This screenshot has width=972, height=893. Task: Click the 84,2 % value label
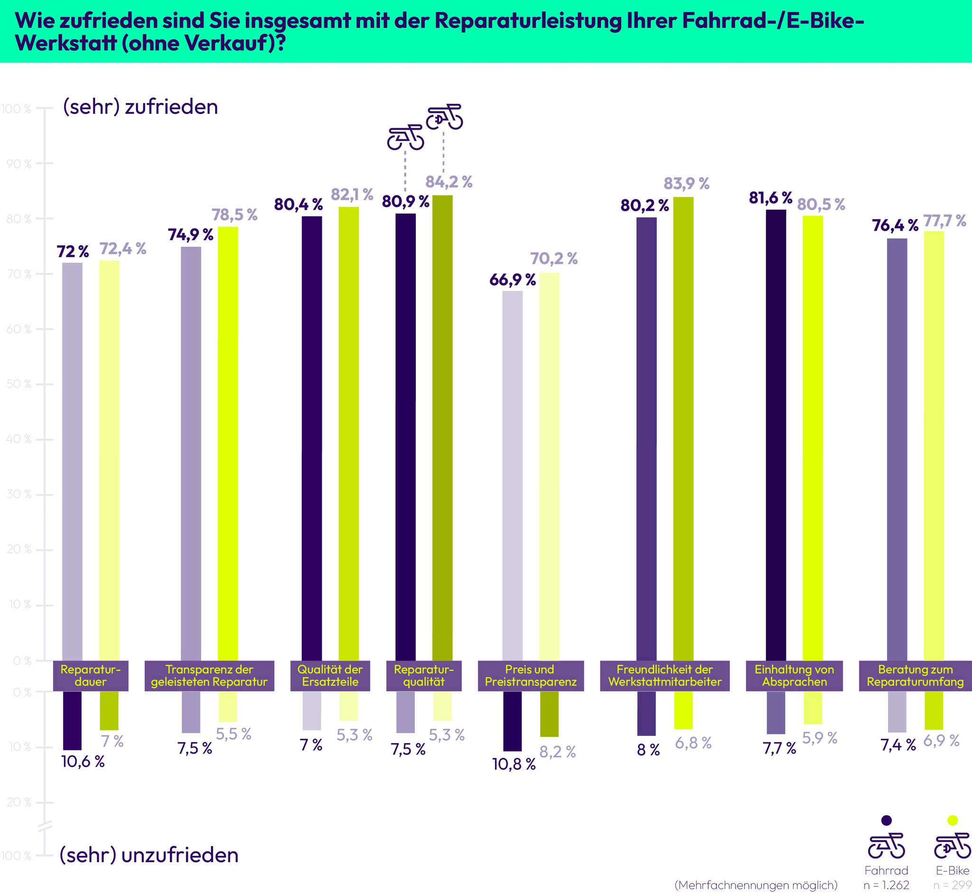(x=449, y=182)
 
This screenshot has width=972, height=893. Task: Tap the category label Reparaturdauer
(x=90, y=676)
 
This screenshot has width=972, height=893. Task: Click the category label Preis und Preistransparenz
(x=531, y=676)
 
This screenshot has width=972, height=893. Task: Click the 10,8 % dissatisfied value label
(x=514, y=764)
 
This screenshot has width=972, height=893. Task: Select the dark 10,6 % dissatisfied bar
(x=72, y=720)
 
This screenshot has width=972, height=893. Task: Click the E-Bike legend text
(x=953, y=870)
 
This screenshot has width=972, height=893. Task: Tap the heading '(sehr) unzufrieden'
(x=149, y=855)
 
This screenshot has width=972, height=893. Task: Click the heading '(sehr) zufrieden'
(x=140, y=107)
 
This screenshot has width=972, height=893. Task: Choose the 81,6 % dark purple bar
(x=776, y=435)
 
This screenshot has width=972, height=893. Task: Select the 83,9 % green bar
(x=683, y=428)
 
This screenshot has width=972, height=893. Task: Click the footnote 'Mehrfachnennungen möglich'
(x=756, y=885)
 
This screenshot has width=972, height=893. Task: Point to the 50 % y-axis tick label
(x=19, y=384)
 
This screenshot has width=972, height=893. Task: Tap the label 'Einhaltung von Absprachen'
(x=794, y=676)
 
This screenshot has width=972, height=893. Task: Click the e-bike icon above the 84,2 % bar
(x=444, y=117)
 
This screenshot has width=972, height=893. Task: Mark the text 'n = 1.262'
(x=887, y=885)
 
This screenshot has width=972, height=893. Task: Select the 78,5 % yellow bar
(x=228, y=443)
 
